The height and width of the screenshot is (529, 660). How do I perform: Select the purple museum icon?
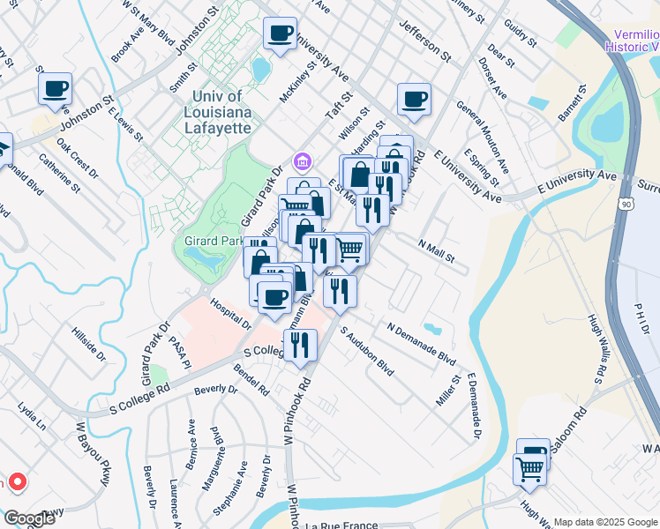tap(303, 162)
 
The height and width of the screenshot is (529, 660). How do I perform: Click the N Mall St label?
tap(436, 251)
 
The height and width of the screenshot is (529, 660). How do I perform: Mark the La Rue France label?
tap(348, 525)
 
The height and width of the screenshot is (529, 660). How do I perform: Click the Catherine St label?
tap(60, 175)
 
